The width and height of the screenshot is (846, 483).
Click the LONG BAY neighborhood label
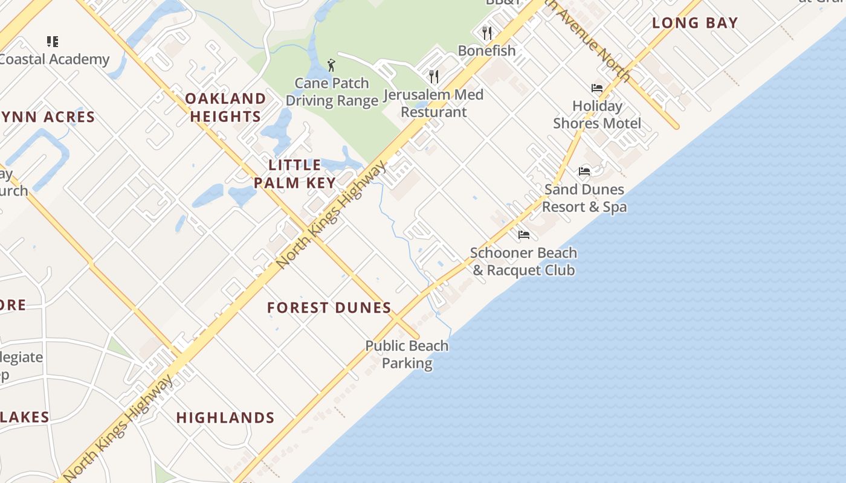tap(695, 24)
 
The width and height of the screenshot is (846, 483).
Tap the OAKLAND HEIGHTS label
tap(225, 107)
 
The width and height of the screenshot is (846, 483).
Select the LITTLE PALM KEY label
tap(295, 174)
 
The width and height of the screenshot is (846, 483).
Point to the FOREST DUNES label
tap(329, 308)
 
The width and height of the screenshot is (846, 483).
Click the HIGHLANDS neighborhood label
tap(225, 418)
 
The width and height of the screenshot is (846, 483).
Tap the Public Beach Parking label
tap(407, 354)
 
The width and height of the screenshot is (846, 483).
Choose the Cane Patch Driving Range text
tap(332, 92)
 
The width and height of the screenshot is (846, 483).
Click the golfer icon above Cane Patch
tap(331, 65)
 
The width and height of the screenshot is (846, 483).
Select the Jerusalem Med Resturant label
tap(434, 103)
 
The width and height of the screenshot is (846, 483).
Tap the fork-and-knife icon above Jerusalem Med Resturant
tap(434, 76)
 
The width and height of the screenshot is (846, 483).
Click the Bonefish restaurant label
tap(486, 51)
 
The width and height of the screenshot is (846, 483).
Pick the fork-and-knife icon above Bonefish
tap(487, 33)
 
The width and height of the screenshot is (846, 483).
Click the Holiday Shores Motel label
tap(597, 115)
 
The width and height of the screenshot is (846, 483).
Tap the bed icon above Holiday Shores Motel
tap(597, 88)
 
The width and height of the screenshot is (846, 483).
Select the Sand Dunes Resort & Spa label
tap(584, 198)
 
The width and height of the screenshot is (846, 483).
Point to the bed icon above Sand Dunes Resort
tap(584, 171)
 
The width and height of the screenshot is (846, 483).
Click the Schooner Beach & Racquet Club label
tap(523, 261)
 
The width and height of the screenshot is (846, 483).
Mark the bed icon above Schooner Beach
tap(524, 234)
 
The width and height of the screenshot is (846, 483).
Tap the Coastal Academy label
tap(54, 59)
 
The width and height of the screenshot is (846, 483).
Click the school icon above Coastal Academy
tap(53, 42)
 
